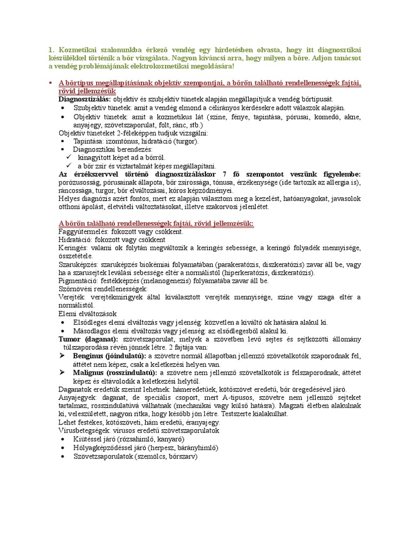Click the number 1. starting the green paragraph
(x=51, y=51)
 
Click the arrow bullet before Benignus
(x=62, y=355)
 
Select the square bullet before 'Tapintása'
(x=62, y=141)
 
